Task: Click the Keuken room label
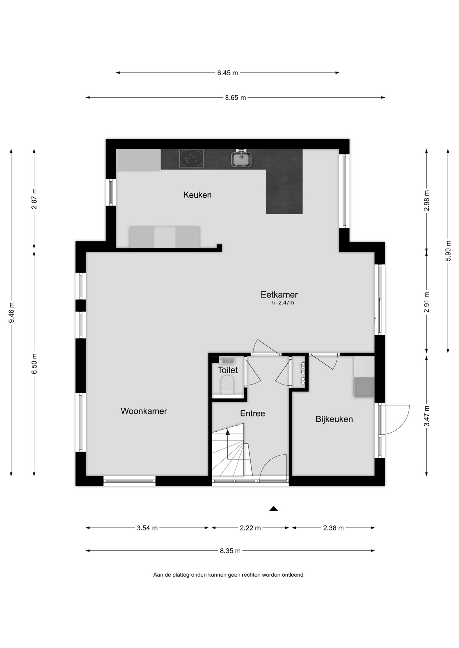(197, 195)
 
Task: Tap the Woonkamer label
(144, 411)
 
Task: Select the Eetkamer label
(279, 295)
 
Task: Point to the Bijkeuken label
(334, 419)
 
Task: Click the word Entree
(252, 413)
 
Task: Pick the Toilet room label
(227, 370)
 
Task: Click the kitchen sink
(241, 159)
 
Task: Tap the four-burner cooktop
(192, 159)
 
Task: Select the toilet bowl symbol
(227, 385)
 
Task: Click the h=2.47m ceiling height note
(283, 303)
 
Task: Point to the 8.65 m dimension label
(236, 98)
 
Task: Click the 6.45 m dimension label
(227, 73)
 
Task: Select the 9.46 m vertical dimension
(11, 312)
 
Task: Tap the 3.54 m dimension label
(147, 528)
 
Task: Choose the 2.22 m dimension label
(250, 528)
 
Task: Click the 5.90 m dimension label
(448, 250)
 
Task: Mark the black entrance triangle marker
(273, 509)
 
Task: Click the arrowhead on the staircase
(227, 432)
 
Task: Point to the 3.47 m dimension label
(427, 416)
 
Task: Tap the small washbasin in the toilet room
(227, 360)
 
